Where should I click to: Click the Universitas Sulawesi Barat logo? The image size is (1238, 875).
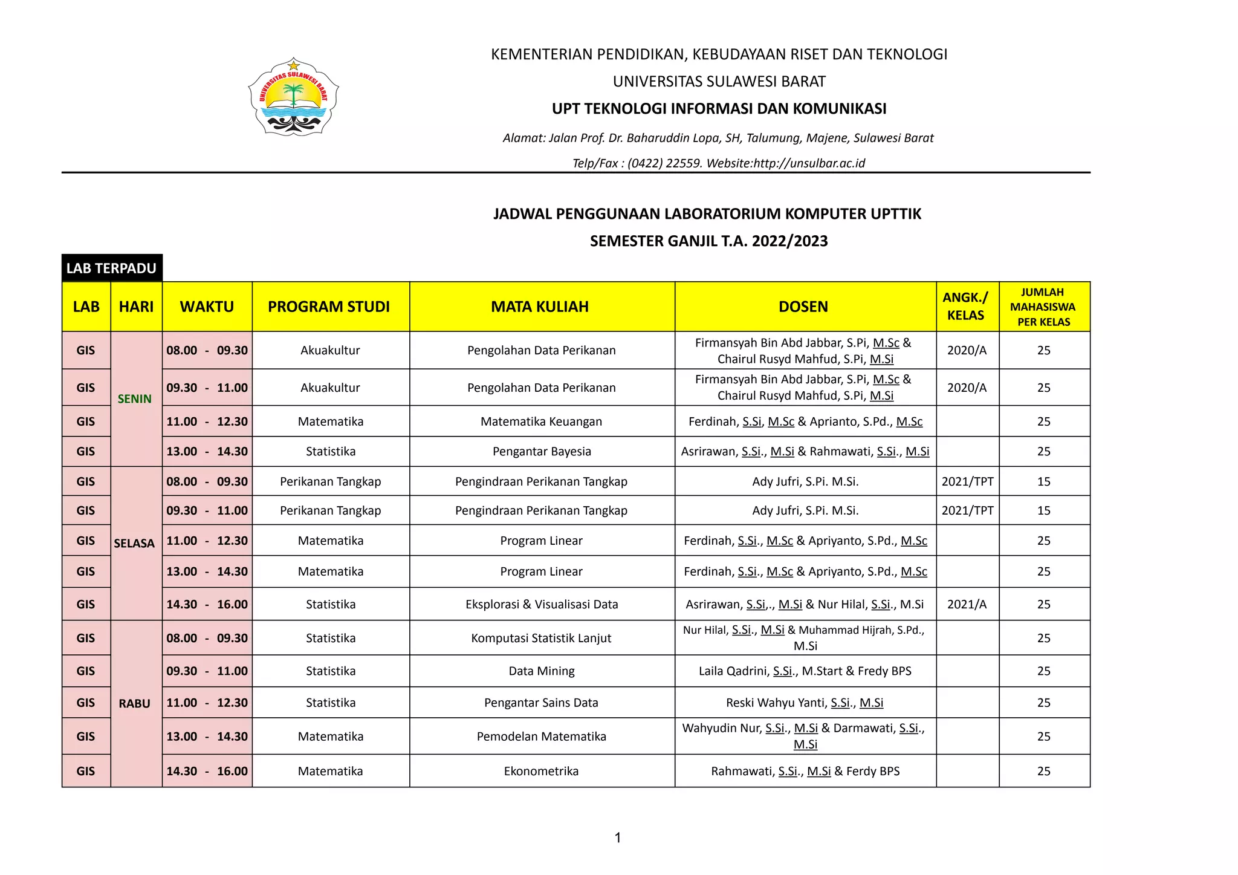pos(293,97)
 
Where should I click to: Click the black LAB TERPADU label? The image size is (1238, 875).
pos(112,268)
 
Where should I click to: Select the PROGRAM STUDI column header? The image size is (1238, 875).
pos(329,307)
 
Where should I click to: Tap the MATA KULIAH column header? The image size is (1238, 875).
pos(540,307)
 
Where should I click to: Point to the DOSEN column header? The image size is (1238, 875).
pos(803,307)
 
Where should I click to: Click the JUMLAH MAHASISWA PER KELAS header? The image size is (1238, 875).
pos(1043,307)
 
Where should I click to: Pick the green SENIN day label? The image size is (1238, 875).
pos(135,399)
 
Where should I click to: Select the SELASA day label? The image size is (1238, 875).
pos(134,543)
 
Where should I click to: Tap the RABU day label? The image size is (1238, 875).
pos(134,703)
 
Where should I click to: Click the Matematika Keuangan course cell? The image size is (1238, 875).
pos(541,421)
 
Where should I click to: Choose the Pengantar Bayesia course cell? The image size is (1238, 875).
pos(542,451)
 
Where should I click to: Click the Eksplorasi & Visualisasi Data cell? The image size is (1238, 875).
pos(542,604)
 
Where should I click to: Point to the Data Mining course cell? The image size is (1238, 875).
pos(542,671)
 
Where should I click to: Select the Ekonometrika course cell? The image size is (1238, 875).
pos(541,771)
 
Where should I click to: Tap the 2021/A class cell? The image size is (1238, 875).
pos(967,604)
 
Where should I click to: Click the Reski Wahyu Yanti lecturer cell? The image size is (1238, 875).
pos(805,703)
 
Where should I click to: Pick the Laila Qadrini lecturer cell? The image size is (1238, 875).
pos(805,671)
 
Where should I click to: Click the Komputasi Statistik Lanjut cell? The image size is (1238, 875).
pos(541,638)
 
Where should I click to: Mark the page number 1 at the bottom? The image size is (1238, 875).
pos(618,838)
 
